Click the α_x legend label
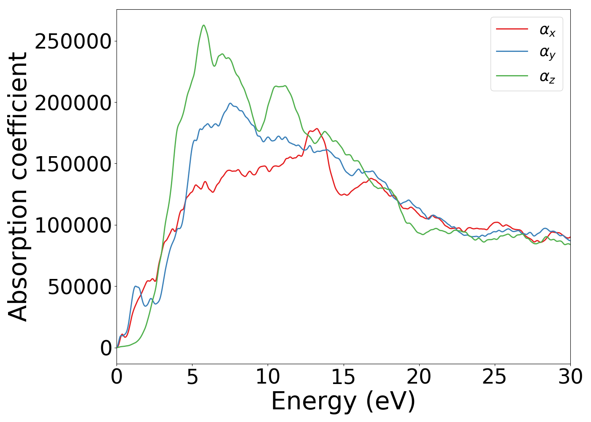548,30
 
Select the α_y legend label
548,53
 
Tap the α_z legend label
548,77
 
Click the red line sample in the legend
512,29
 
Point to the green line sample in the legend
512,76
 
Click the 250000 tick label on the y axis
73,41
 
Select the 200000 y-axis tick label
73,103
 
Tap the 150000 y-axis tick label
73,164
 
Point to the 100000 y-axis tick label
73,225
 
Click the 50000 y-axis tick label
79,287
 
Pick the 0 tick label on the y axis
106,348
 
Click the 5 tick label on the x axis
192,377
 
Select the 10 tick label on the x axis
268,377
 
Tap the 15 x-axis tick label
343,377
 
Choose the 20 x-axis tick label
419,377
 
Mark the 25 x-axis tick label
494,377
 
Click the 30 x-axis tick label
570,377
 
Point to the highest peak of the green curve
203,25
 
